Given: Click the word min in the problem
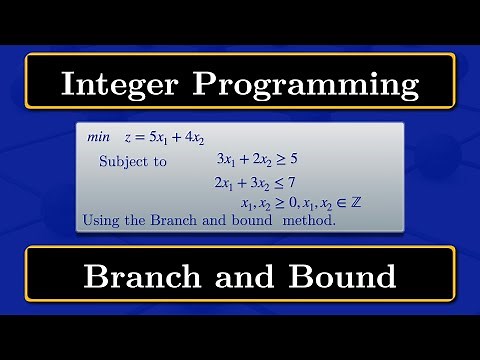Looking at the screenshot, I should tap(97, 137).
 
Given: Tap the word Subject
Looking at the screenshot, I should tap(122, 160).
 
